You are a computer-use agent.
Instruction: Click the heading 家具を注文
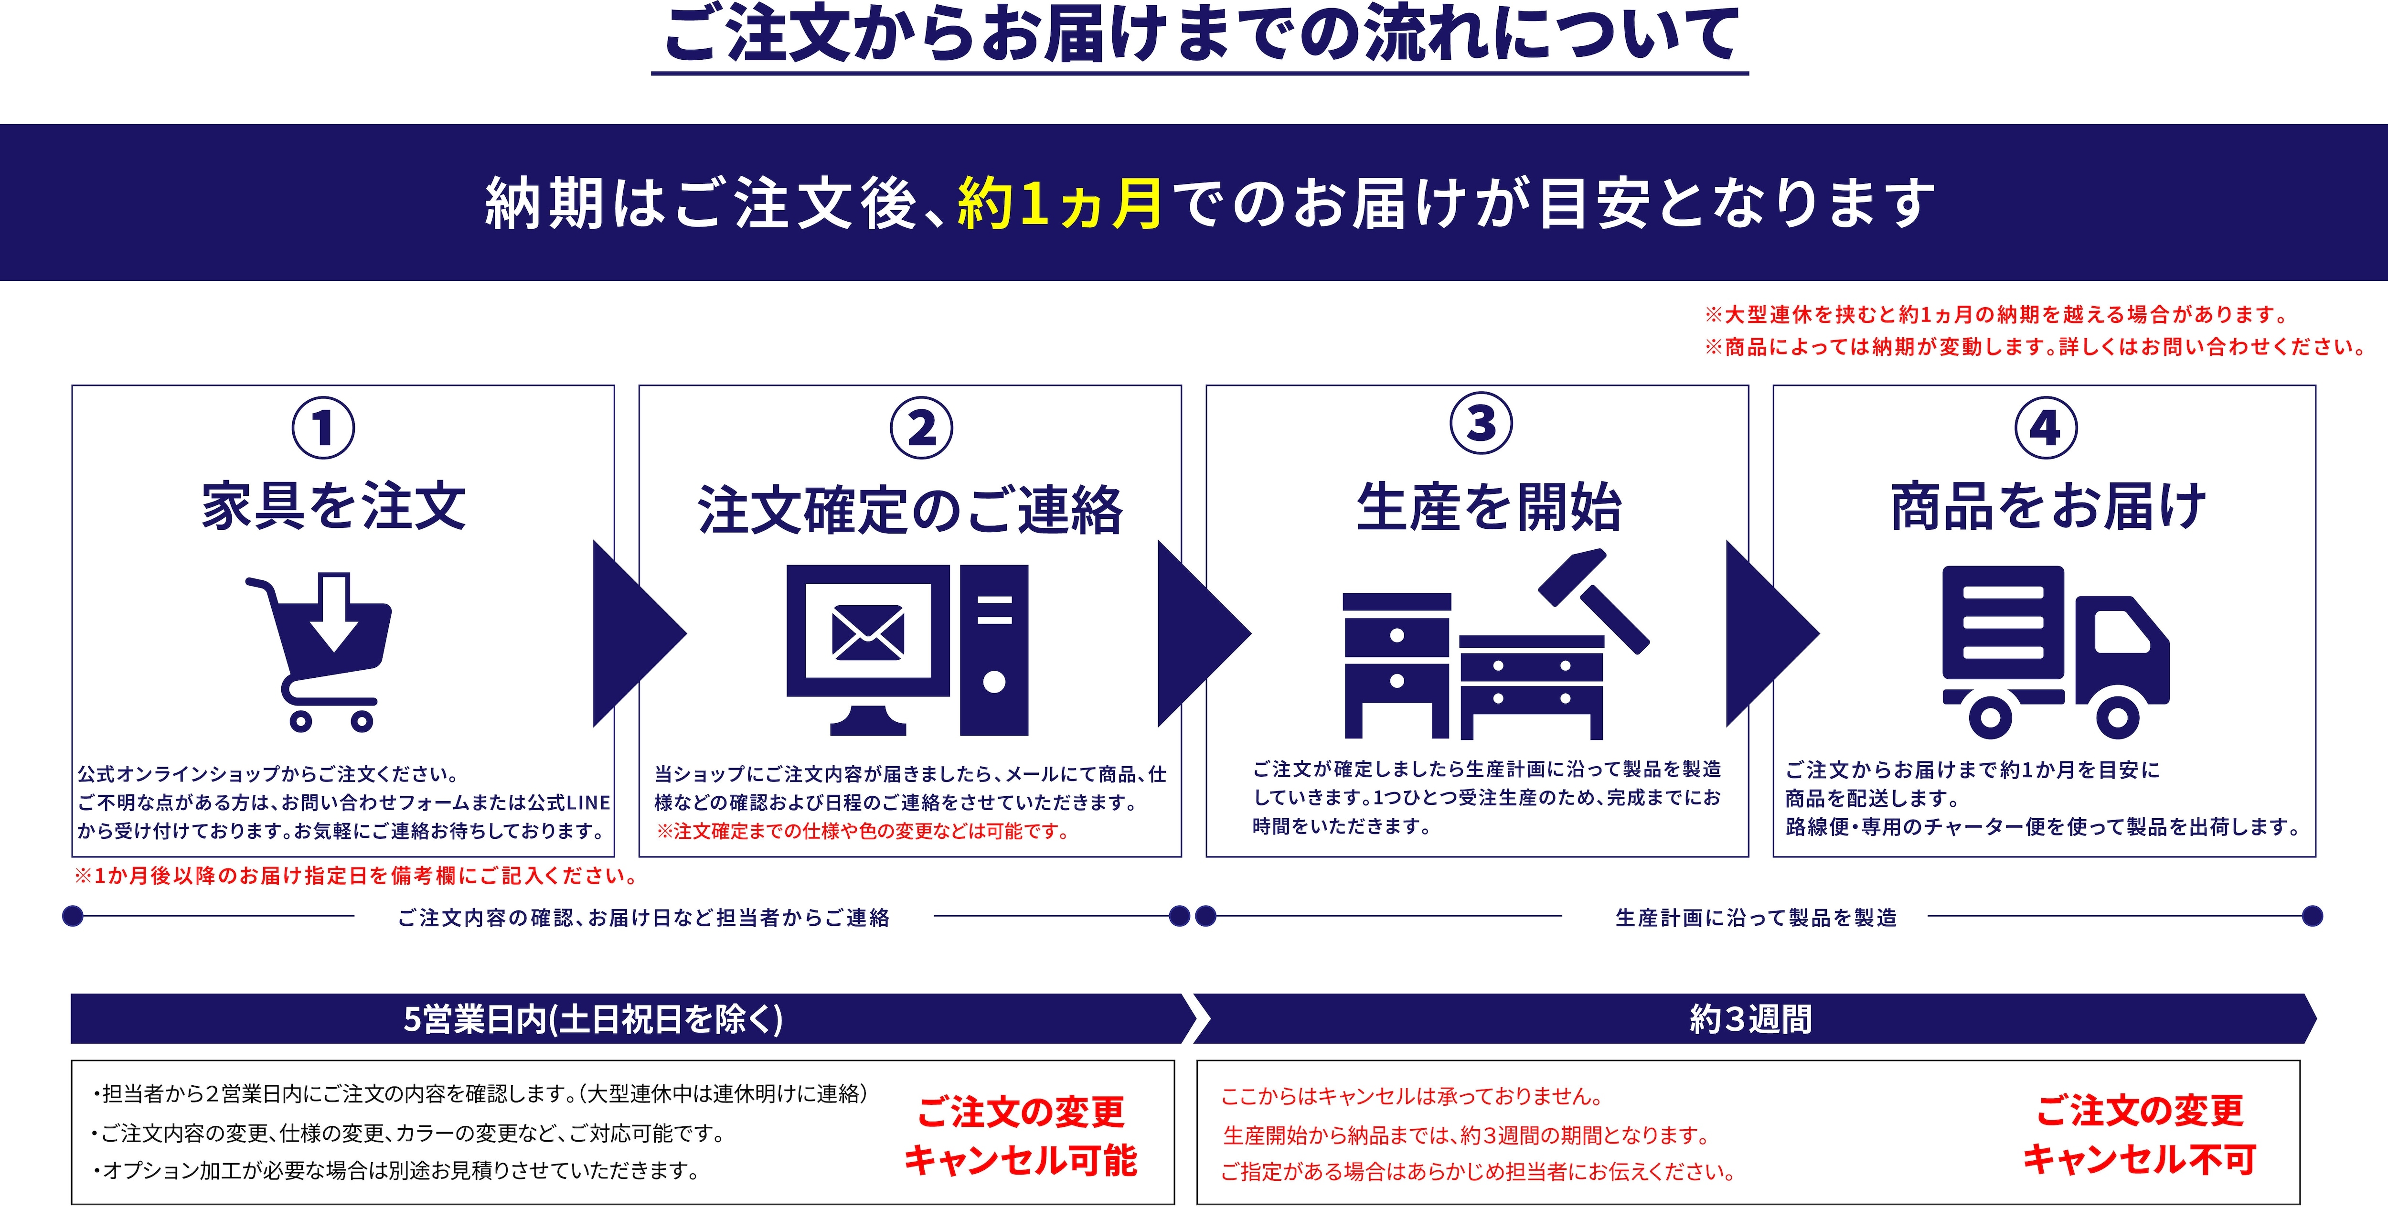(x=334, y=506)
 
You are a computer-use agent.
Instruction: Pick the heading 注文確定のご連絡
(x=910, y=511)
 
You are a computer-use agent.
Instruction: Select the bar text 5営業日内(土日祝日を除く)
(x=593, y=1019)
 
